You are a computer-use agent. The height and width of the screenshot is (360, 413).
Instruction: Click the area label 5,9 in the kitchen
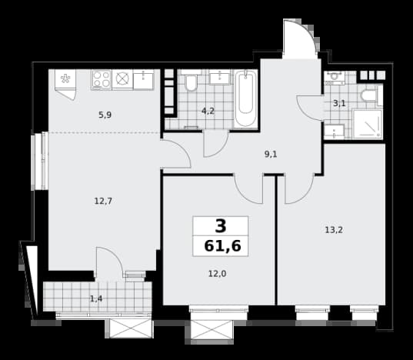tap(105, 115)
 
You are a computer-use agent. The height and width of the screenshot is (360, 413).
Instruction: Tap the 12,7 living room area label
tap(103, 202)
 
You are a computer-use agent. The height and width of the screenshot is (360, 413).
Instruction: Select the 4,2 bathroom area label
tap(208, 111)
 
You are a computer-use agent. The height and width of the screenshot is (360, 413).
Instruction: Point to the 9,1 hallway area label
tap(271, 155)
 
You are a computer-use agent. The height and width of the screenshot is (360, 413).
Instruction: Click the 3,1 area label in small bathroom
tap(339, 103)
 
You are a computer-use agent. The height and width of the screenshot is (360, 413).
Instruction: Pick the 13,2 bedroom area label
tap(334, 230)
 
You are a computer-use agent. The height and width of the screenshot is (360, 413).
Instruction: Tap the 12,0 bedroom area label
tap(218, 274)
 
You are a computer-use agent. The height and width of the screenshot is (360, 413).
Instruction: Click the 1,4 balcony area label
tap(96, 298)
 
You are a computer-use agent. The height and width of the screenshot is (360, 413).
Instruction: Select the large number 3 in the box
tap(221, 226)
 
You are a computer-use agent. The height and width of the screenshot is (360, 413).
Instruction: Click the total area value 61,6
tap(222, 246)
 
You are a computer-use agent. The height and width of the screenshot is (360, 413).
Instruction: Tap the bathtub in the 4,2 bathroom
tap(246, 99)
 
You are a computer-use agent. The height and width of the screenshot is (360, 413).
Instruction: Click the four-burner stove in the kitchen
tap(102, 79)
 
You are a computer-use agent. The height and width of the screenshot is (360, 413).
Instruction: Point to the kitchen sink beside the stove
tap(143, 79)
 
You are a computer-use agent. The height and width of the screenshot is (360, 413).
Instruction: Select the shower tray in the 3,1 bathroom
tap(367, 124)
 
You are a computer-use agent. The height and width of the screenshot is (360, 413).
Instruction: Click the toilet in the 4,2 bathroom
tap(191, 81)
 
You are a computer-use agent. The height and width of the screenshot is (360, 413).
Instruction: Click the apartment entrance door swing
tap(299, 39)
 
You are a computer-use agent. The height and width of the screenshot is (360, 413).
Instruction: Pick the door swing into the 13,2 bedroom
tap(299, 189)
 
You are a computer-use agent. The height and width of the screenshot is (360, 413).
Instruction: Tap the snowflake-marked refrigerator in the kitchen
tap(65, 85)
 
